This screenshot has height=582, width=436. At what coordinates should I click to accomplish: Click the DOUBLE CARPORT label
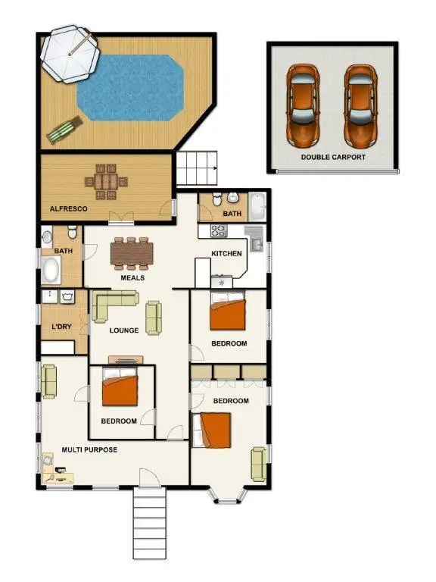pos(333,158)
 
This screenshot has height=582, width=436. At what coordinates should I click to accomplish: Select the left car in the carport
pos(303,106)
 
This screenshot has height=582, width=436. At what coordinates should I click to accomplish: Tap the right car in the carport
pos(360,106)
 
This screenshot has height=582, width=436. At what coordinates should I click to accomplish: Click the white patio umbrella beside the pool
pos(70,54)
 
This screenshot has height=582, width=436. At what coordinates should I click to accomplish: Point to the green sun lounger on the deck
pos(61,131)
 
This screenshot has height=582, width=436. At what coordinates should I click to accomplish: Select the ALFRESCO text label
pos(68,208)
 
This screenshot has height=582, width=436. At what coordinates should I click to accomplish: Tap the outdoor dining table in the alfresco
pos(105,180)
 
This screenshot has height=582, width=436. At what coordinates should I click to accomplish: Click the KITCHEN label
pos(226,253)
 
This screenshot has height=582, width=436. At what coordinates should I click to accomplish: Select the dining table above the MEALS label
pos(132,253)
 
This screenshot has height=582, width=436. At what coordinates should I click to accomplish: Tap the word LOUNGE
pos(123,330)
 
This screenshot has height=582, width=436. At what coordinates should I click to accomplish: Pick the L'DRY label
pos(61,327)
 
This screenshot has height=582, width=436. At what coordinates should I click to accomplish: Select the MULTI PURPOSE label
pos(89,450)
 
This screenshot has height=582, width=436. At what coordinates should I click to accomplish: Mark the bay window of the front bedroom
pos(227,495)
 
